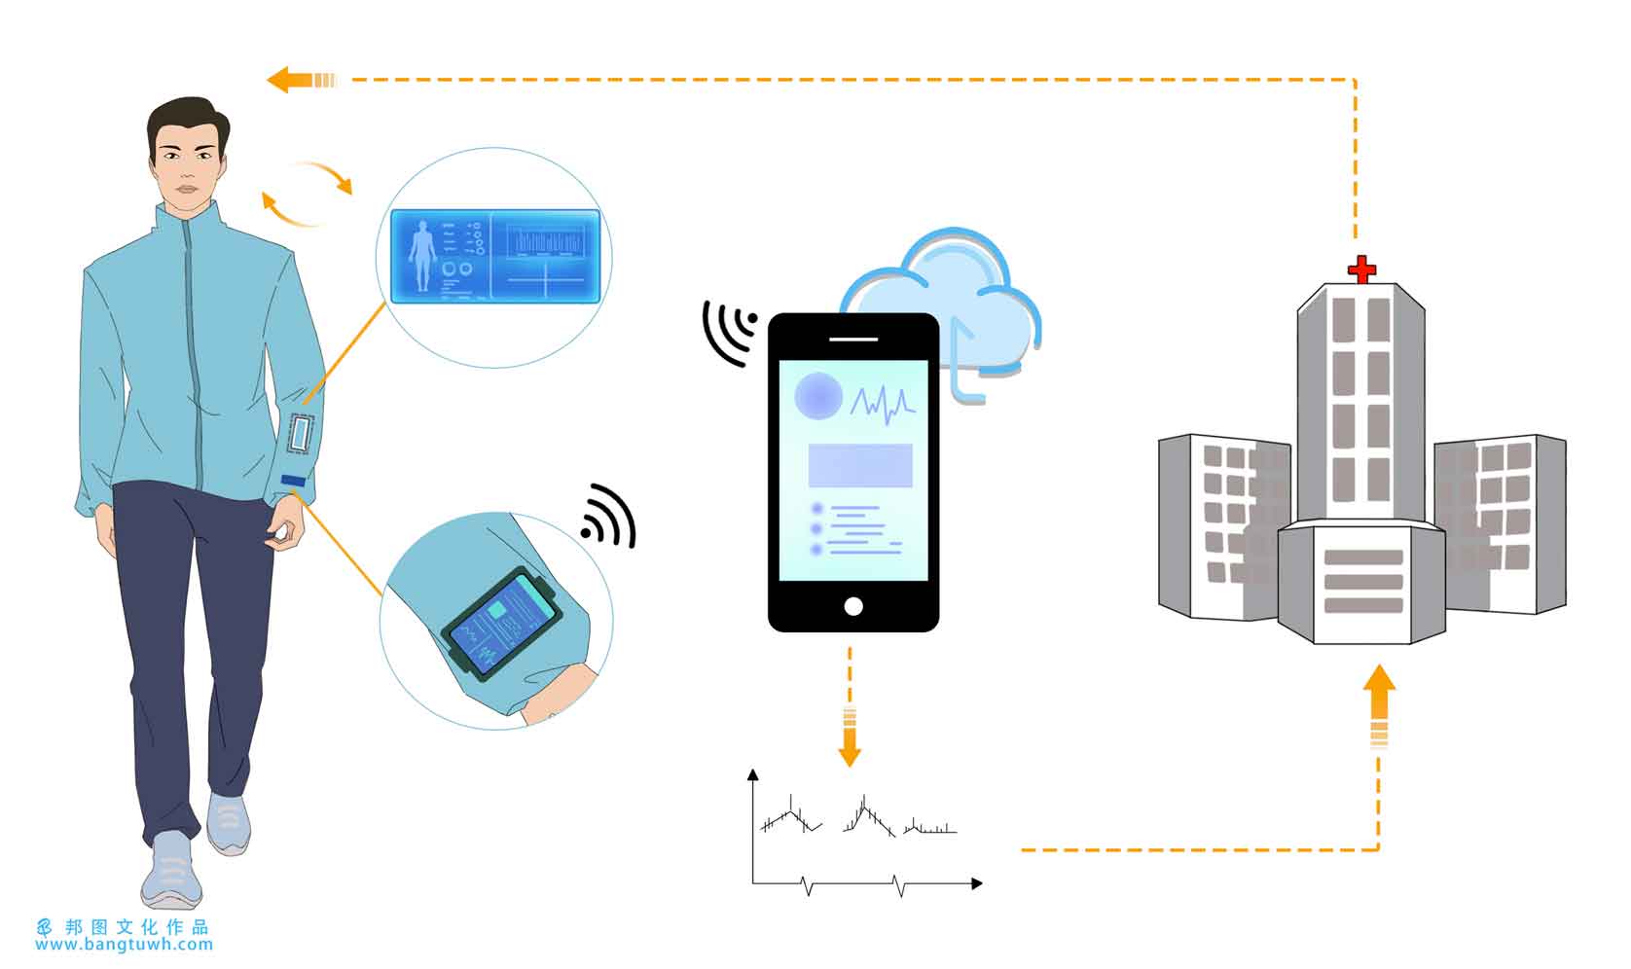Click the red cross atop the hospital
coord(1360,269)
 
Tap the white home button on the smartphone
coord(853,606)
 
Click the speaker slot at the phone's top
coord(853,340)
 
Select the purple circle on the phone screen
coord(818,396)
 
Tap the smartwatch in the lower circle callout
coord(501,624)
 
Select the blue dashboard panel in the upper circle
coord(495,256)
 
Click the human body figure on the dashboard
coord(422,256)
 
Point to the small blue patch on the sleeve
coord(293,481)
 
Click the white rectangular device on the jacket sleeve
coord(300,434)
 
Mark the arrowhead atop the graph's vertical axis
coord(753,774)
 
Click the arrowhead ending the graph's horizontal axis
coord(977,883)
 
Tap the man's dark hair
coord(187,120)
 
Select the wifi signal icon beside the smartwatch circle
coord(609,517)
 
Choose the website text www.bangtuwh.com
coord(124,945)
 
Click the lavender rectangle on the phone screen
coord(860,465)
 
